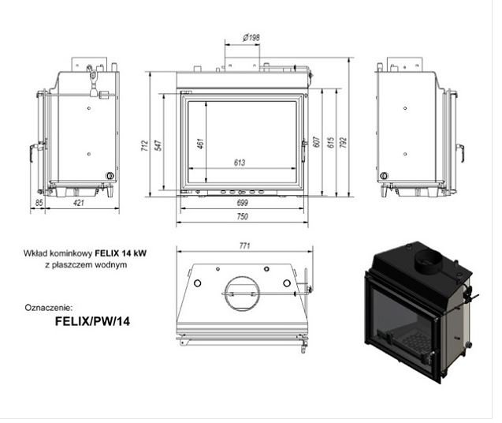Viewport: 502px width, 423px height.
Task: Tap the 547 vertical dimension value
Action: pos(158,147)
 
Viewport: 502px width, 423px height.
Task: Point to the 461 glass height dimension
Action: pos(200,144)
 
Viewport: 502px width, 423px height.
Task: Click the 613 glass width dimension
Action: pos(240,163)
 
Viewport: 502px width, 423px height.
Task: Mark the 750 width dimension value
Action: pos(242,216)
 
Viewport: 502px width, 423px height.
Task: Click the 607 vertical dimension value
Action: pos(316,143)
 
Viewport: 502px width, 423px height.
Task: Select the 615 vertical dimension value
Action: pos(330,143)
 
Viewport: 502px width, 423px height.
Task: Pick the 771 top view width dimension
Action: pos(244,246)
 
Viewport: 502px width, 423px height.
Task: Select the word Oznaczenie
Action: pos(48,307)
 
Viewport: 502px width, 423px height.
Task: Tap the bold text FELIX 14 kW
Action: pos(121,254)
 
